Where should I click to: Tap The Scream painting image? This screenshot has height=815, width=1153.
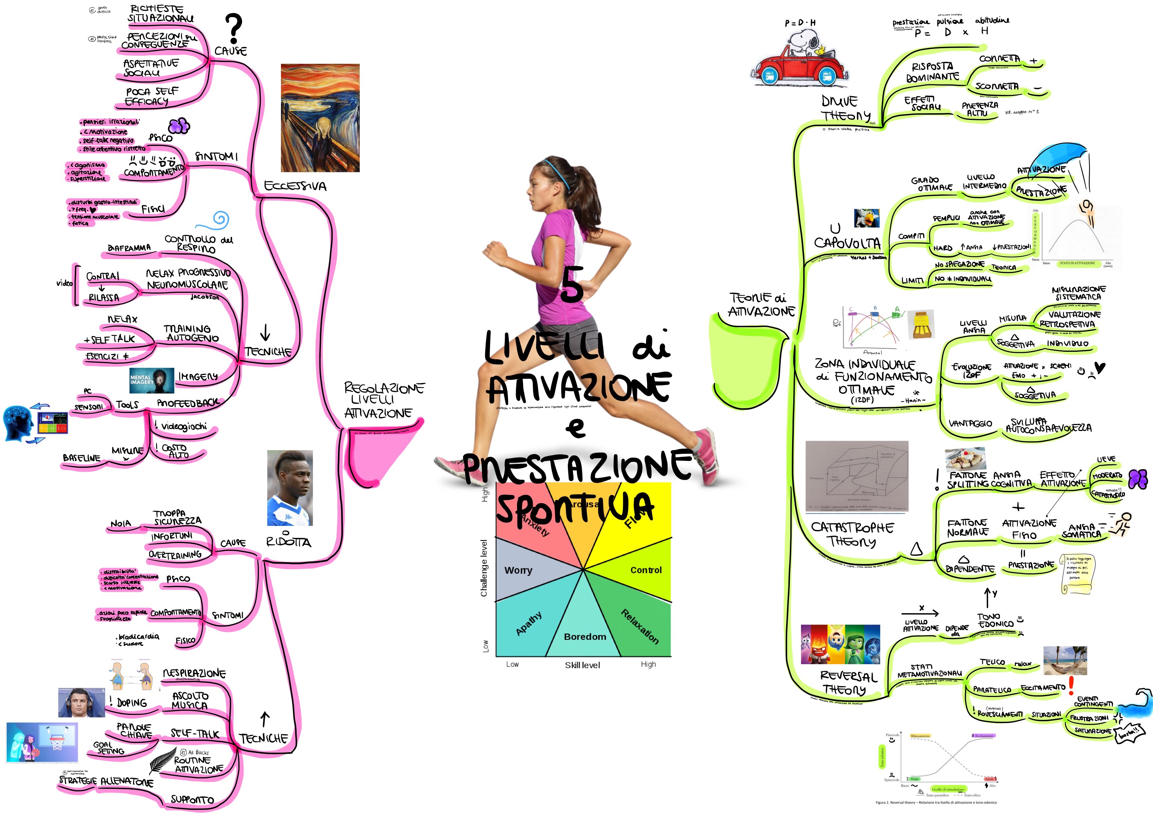point(320,118)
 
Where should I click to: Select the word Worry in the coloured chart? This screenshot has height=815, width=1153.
point(518,570)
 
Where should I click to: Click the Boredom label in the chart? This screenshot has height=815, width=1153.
point(585,637)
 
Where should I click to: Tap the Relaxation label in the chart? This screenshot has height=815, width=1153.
point(639,626)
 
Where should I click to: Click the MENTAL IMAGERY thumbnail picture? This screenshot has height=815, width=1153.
point(152,380)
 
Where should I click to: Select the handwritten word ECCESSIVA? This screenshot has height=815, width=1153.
point(295,186)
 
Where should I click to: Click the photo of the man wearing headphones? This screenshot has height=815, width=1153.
point(81,703)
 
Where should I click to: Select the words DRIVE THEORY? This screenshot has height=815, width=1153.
point(845,108)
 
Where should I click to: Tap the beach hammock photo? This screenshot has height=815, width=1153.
point(1064,660)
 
